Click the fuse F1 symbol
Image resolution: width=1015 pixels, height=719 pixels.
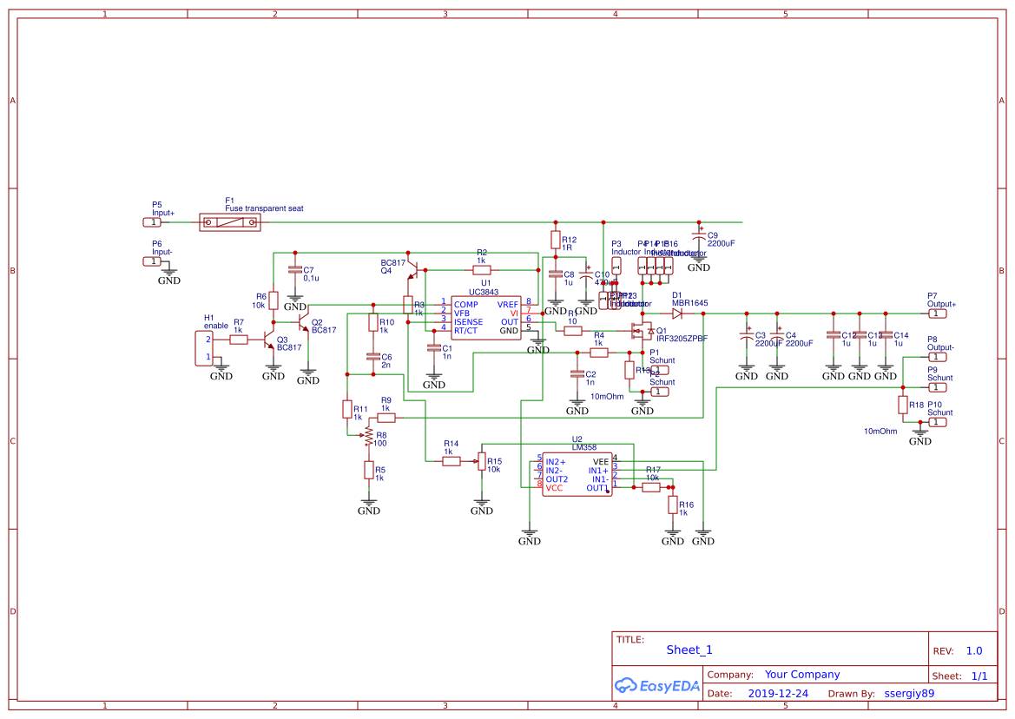coord(230,223)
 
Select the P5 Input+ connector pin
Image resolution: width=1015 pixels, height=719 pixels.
coord(151,222)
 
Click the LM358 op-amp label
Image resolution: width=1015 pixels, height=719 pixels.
coord(583,448)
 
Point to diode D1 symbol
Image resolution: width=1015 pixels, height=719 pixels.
coord(677,313)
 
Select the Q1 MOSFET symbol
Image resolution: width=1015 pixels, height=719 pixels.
coord(643,331)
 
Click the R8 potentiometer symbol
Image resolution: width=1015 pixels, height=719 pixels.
coord(369,434)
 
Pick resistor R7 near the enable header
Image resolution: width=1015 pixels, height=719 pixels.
coord(239,340)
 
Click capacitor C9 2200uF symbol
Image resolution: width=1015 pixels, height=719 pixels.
coord(699,236)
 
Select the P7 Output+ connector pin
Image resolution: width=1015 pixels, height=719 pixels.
coord(938,313)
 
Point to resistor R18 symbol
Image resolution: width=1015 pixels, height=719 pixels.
coord(903,405)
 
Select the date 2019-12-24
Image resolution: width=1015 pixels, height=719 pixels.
coord(777,694)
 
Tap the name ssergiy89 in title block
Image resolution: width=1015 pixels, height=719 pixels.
coord(909,694)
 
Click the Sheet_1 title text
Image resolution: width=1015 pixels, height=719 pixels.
coord(689,650)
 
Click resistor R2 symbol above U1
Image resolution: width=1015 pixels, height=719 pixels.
coord(482,270)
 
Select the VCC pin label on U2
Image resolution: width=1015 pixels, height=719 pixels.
coord(554,488)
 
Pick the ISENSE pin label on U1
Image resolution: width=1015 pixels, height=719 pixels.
coord(468,322)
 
